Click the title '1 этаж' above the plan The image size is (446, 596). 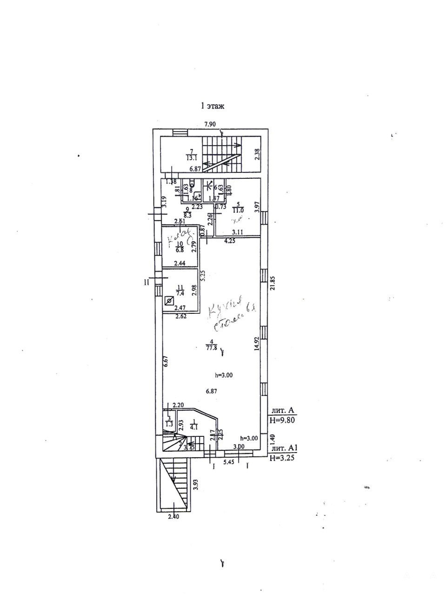[212, 106]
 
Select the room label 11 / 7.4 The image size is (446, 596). [179, 291]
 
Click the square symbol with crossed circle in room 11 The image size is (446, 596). [169, 301]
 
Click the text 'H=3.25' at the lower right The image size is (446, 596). [282, 458]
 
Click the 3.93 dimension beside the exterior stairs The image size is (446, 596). [196, 485]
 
